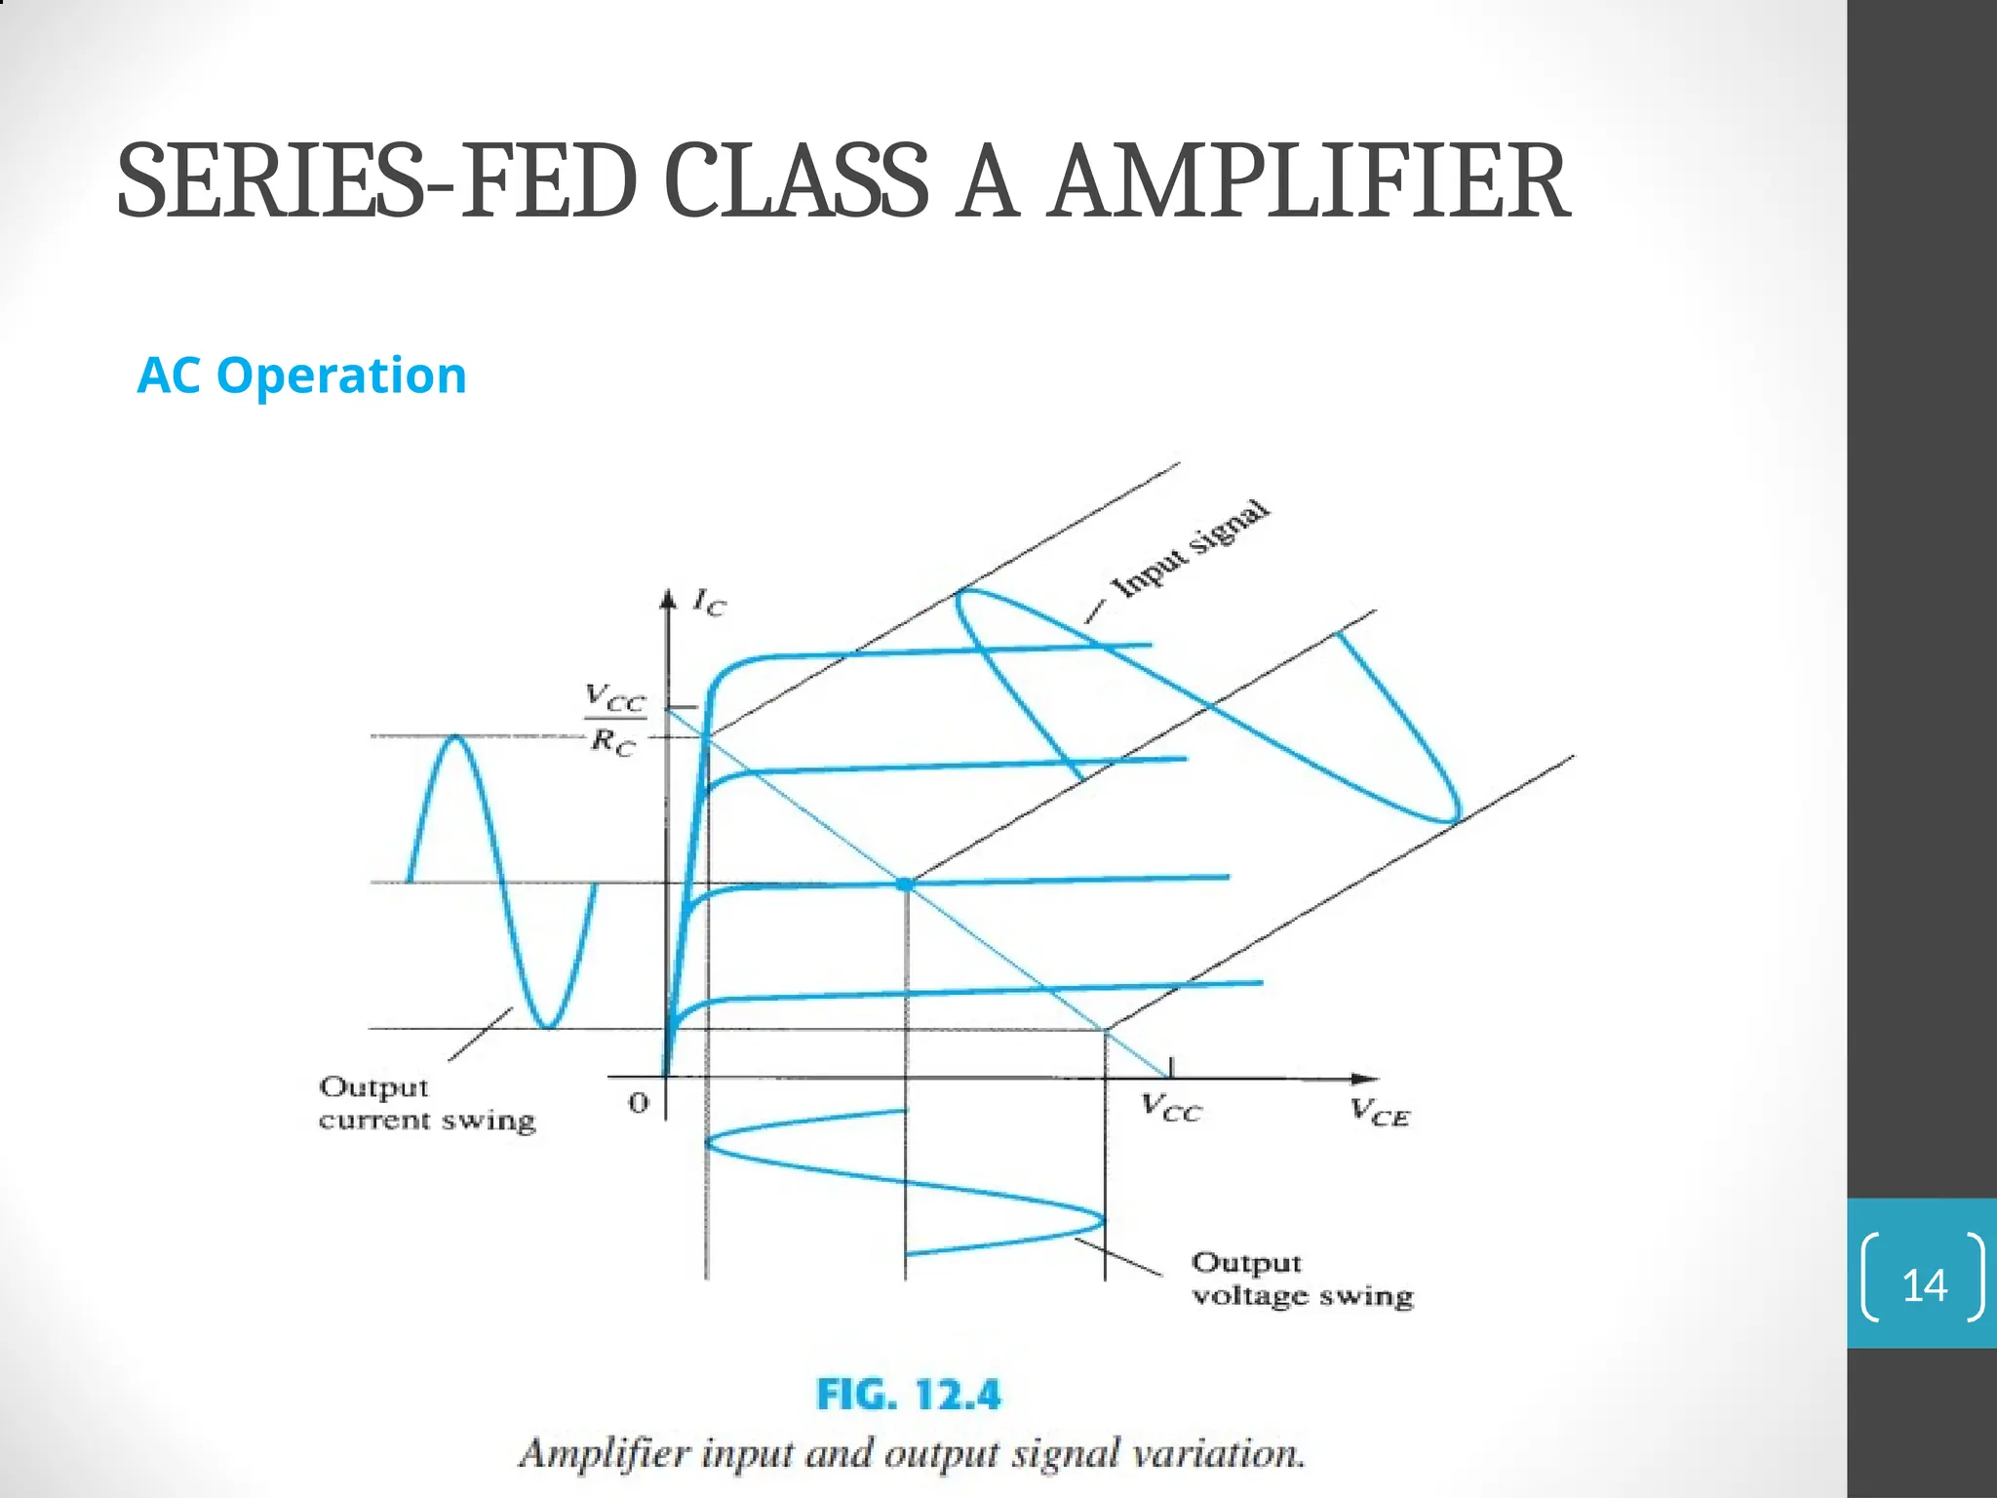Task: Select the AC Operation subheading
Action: click(x=302, y=375)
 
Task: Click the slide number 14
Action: click(x=1924, y=1286)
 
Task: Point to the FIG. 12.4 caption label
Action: click(x=908, y=1395)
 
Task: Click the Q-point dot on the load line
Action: click(x=906, y=884)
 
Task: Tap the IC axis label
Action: click(x=709, y=603)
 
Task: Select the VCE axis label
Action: click(x=1380, y=1113)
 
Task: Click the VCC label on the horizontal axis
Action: click(x=1171, y=1110)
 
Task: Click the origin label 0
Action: click(x=638, y=1103)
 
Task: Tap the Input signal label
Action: click(x=1192, y=549)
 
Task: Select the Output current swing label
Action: click(x=427, y=1103)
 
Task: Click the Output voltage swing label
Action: click(x=1302, y=1280)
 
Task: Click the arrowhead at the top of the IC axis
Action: click(x=668, y=598)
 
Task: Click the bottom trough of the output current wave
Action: click(x=549, y=1025)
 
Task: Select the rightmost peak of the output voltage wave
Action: click(x=1102, y=1219)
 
